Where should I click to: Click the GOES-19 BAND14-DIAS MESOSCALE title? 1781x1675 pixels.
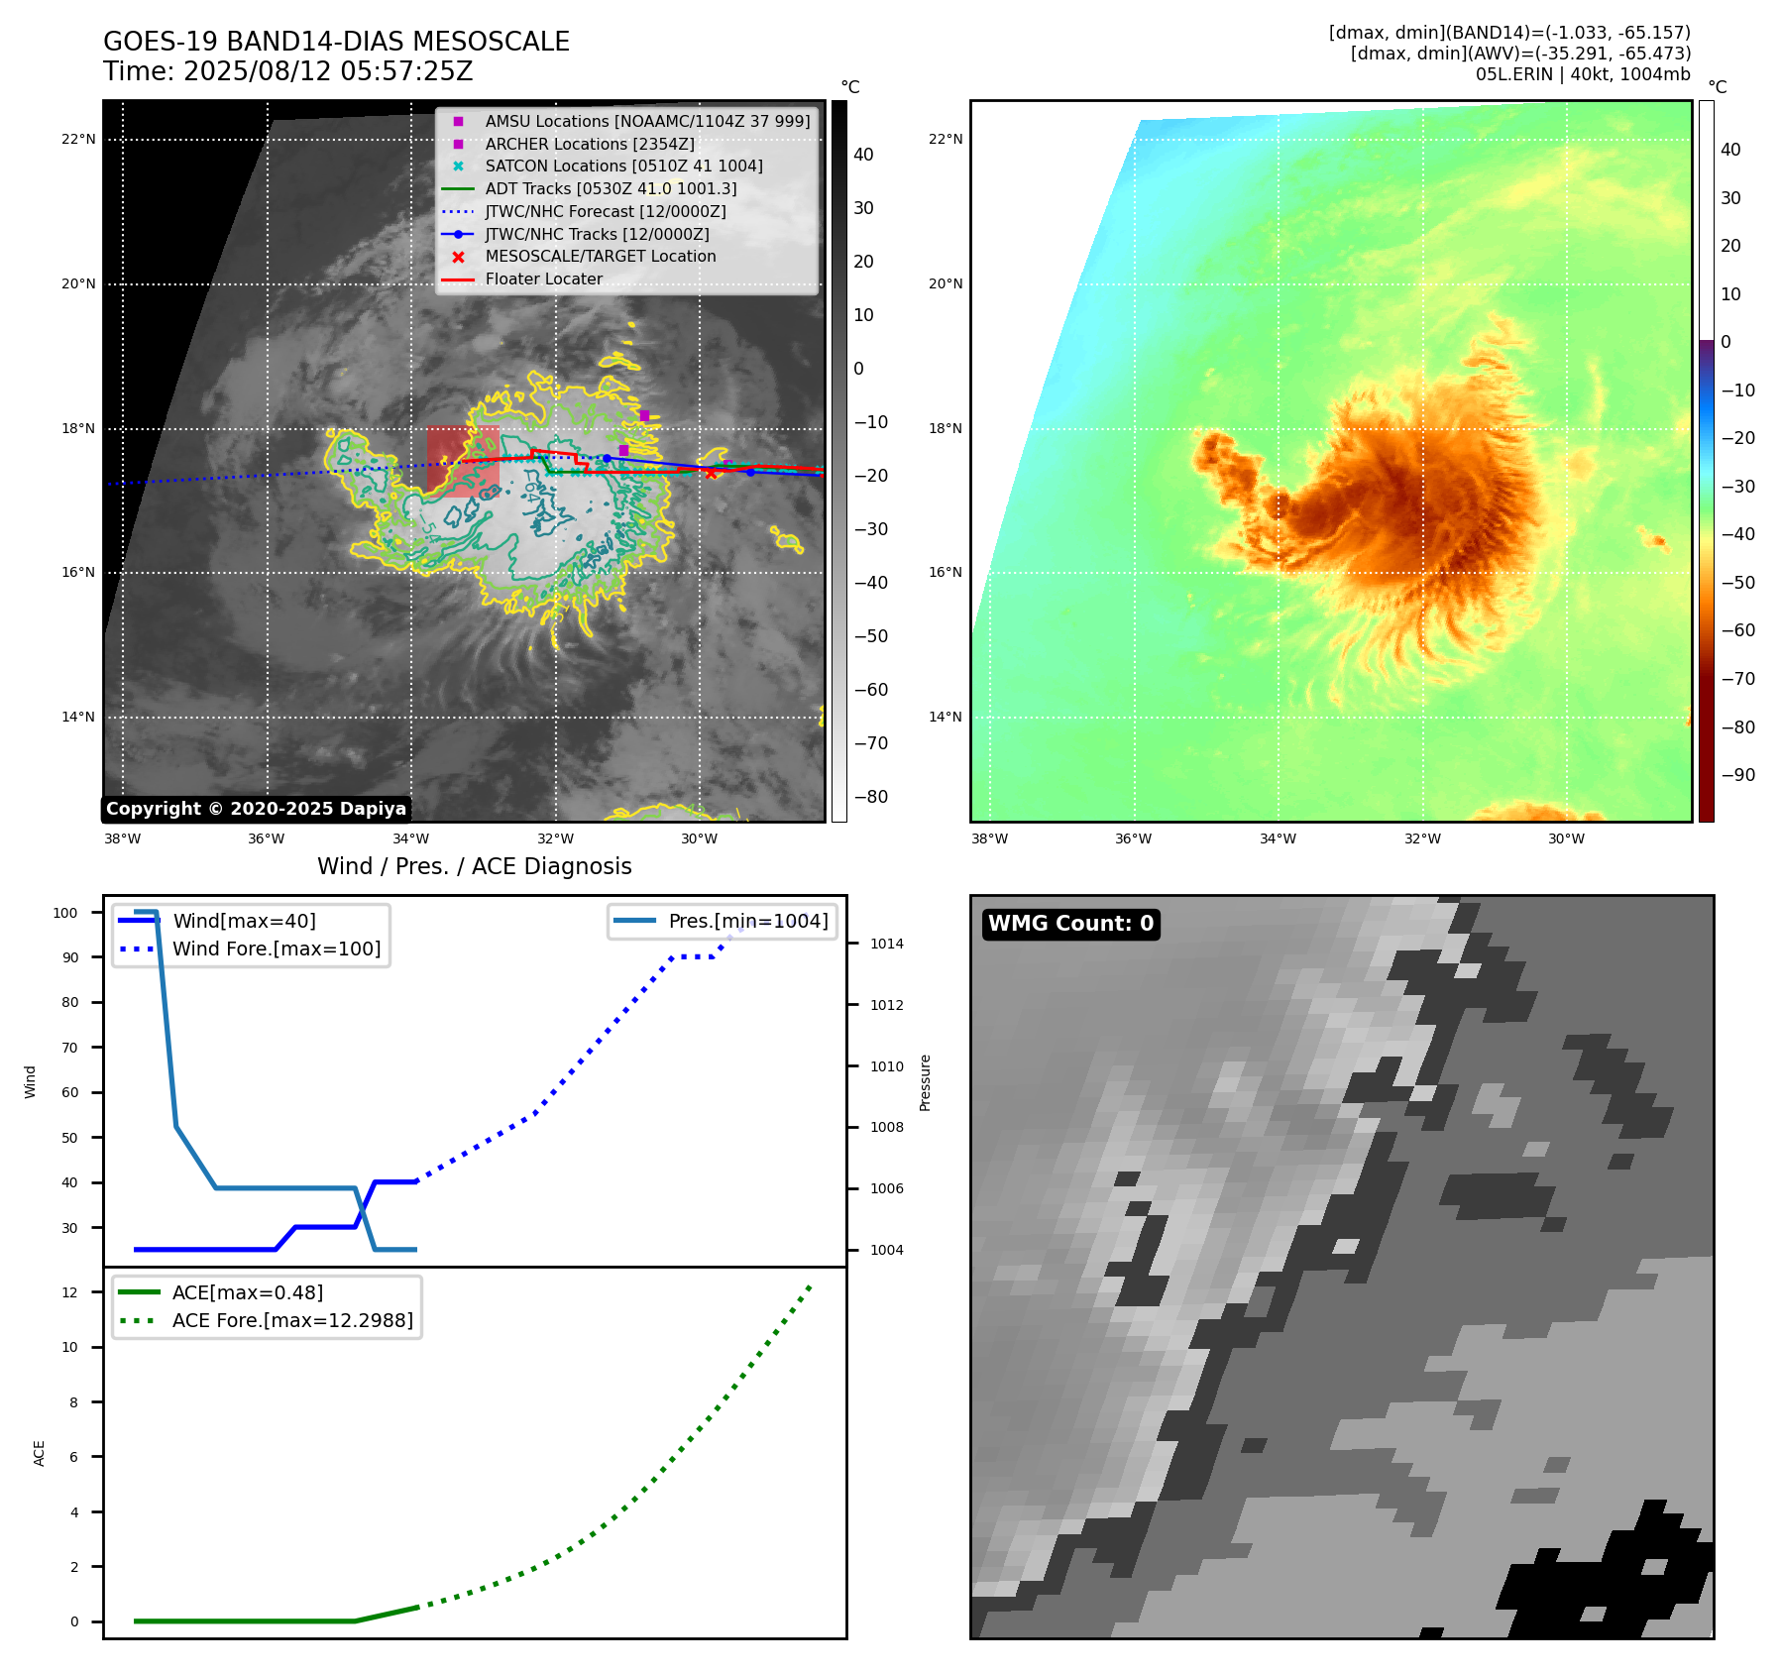336,42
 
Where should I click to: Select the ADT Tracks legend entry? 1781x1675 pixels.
611,188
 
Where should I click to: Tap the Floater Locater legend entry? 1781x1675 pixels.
543,279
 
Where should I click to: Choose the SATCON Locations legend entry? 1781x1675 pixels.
623,166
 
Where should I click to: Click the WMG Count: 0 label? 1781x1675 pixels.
1070,924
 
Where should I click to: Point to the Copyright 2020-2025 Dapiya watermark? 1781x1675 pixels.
256,809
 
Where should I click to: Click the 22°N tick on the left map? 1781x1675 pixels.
78,139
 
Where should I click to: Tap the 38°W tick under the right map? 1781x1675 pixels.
989,838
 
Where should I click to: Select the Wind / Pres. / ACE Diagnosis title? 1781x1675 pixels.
474,866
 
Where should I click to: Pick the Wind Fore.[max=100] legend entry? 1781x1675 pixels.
277,949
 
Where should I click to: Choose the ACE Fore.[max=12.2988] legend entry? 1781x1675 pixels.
292,1320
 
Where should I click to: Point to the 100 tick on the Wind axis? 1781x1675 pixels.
65,913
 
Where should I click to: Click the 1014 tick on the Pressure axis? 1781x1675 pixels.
887,944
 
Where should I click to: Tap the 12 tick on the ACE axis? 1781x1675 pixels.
69,1292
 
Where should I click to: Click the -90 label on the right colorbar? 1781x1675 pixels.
1737,775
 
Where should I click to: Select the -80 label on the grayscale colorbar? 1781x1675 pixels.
871,797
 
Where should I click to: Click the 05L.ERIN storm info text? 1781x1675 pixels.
1583,74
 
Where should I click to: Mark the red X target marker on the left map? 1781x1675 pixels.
711,473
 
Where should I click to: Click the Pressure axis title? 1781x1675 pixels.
925,1082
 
